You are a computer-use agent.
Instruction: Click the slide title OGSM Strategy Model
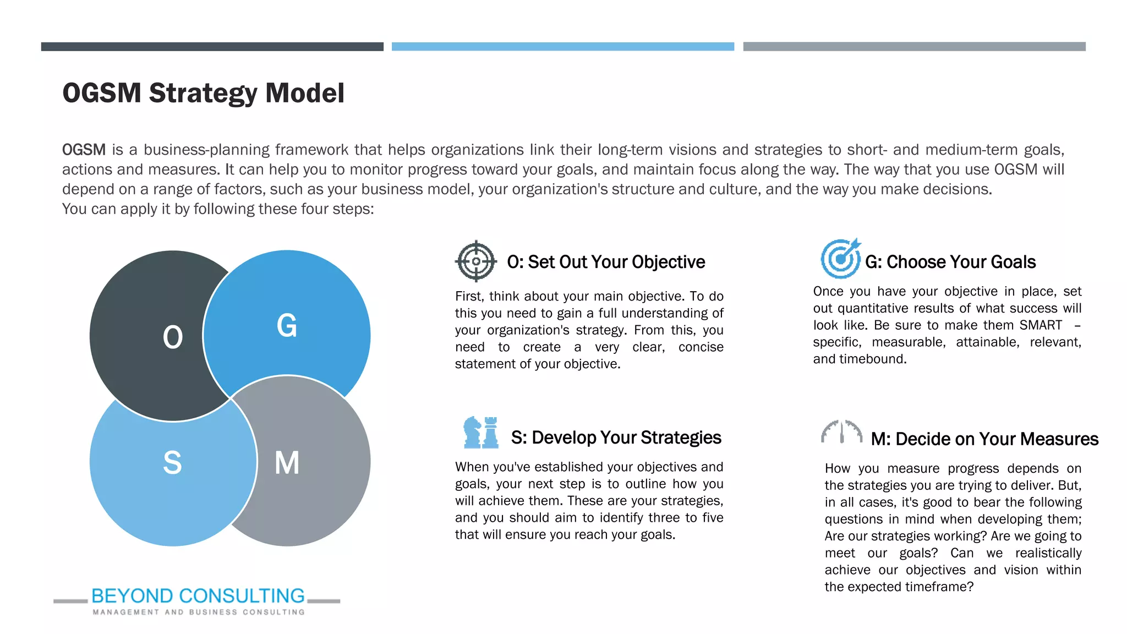point(203,93)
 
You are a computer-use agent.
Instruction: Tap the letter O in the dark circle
point(172,337)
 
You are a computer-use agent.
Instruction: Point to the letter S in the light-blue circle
point(172,462)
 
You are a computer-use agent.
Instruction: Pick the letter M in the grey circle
point(287,462)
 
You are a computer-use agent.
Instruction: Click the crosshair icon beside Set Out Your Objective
point(476,261)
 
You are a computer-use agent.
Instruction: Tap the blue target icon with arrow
point(840,258)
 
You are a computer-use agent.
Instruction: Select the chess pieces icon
point(481,433)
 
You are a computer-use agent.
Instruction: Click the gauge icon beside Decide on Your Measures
point(841,432)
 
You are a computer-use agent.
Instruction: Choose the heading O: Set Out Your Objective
point(605,262)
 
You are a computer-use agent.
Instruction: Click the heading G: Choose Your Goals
point(950,262)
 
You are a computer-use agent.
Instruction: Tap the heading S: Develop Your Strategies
point(616,438)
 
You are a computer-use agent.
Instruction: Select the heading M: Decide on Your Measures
point(984,439)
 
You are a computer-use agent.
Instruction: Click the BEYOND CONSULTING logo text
point(198,595)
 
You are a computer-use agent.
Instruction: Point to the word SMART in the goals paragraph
point(1041,325)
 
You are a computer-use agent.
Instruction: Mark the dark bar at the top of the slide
point(212,47)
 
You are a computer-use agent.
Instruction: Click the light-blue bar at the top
point(562,47)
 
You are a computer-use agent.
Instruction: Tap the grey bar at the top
point(914,47)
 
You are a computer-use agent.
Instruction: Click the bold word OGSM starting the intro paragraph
point(84,150)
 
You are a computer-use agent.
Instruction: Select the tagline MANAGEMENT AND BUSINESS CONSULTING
point(198,612)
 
